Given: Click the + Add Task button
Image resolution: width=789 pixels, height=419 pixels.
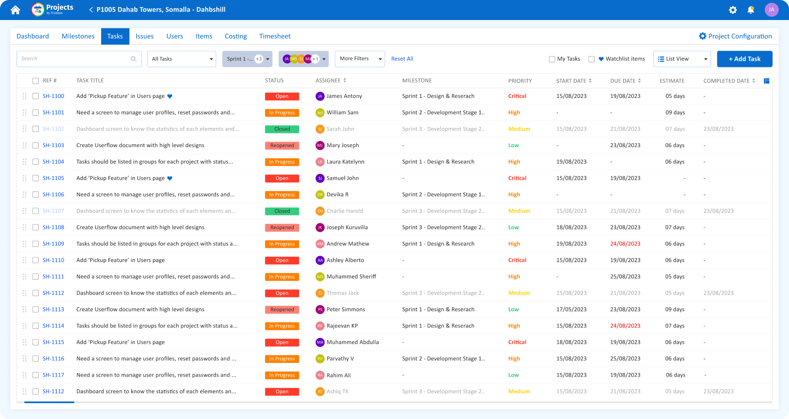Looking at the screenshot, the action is [744, 59].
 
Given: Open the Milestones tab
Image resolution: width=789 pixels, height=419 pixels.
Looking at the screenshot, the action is [78, 36].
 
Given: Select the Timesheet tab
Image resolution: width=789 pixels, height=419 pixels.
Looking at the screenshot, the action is [275, 36].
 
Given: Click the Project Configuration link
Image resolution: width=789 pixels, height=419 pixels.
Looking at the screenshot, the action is [735, 36].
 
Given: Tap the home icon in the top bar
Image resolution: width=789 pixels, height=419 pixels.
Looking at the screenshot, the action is [15, 10].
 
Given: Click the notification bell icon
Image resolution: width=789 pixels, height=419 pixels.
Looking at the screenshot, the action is [751, 10].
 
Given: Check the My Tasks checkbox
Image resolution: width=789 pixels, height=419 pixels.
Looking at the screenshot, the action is [552, 59].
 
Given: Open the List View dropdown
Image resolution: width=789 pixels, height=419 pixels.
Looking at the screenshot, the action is [682, 59].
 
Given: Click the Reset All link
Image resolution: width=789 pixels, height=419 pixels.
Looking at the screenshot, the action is [402, 59].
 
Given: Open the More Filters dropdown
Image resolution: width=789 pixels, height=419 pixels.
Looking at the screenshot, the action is [360, 59].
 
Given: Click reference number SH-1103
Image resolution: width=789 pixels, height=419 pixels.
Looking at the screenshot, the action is [53, 145].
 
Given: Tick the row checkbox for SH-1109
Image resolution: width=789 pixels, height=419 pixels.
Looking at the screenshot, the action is [36, 244].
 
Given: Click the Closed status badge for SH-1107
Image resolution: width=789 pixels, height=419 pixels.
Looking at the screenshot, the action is [282, 211].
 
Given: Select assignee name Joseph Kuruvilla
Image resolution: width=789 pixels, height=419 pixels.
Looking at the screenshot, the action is [347, 227].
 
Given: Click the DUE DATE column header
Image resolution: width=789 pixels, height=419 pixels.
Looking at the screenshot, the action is [623, 81].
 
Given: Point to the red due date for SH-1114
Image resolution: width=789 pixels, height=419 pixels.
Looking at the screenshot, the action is [625, 326].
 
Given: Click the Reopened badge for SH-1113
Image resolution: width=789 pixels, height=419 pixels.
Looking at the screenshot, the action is [282, 309].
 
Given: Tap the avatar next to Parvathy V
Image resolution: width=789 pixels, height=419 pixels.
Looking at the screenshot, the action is [320, 359].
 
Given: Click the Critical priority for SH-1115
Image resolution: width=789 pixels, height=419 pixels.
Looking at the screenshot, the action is [517, 342].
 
